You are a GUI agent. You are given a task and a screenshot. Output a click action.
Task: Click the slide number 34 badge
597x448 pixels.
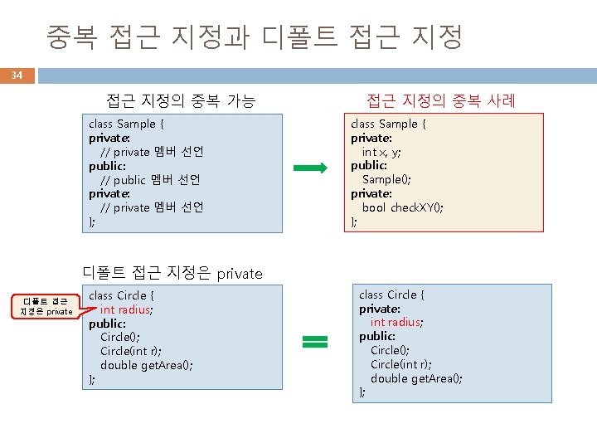(17, 75)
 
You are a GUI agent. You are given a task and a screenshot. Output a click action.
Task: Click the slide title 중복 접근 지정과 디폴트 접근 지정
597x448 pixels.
(255, 37)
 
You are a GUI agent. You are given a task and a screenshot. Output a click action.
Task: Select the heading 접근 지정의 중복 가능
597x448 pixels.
(181, 101)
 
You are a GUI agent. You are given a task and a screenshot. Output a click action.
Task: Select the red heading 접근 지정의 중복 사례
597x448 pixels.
(441, 101)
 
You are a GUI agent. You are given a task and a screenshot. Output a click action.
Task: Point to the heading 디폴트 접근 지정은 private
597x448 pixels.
(172, 273)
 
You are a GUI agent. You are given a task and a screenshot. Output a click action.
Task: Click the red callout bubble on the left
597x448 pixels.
(46, 306)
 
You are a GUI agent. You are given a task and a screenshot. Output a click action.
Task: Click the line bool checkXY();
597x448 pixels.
(402, 207)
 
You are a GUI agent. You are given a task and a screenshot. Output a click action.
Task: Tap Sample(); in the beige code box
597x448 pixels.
(386, 179)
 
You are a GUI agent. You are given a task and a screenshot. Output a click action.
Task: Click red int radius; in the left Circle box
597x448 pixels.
(126, 309)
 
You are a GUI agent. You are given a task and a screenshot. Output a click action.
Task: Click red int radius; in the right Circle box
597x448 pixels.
(396, 322)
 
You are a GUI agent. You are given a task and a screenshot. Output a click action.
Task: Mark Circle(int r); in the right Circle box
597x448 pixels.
(401, 364)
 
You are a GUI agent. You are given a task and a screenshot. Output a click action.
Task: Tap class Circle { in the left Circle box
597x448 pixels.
(122, 295)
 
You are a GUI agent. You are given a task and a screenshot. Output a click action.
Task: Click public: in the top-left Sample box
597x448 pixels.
(107, 166)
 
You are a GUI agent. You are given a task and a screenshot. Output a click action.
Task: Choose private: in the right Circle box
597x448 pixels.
(379, 309)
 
